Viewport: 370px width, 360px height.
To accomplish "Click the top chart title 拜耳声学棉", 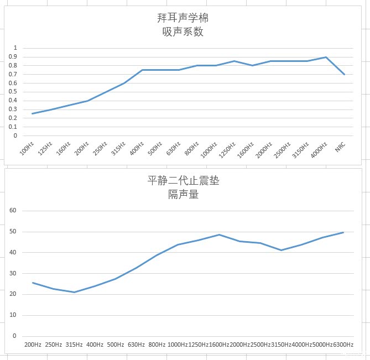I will pos(183,18).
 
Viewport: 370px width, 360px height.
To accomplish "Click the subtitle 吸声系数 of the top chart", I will pos(183,32).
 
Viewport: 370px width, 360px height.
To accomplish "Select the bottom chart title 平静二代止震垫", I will pos(183,180).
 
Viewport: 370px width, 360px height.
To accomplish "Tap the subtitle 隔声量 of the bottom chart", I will pos(183,194).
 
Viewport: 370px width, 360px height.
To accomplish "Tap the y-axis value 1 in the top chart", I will pos(16,48).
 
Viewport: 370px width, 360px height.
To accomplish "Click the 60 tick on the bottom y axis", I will pos(14,211).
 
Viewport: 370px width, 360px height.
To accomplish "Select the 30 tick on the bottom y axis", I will pos(14,273).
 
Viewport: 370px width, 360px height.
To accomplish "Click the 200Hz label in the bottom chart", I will pos(33,345).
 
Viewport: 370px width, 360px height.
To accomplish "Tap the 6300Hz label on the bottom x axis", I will pos(343,345).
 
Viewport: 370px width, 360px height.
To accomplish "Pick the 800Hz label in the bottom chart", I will pos(157,345).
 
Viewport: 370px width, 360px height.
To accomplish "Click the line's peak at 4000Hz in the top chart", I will pos(326,57).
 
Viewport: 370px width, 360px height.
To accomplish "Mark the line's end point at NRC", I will pos(344,74).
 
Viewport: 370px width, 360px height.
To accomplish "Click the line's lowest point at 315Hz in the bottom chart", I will pos(74,292).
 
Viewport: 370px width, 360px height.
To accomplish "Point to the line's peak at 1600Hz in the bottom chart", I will pos(219,234).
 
